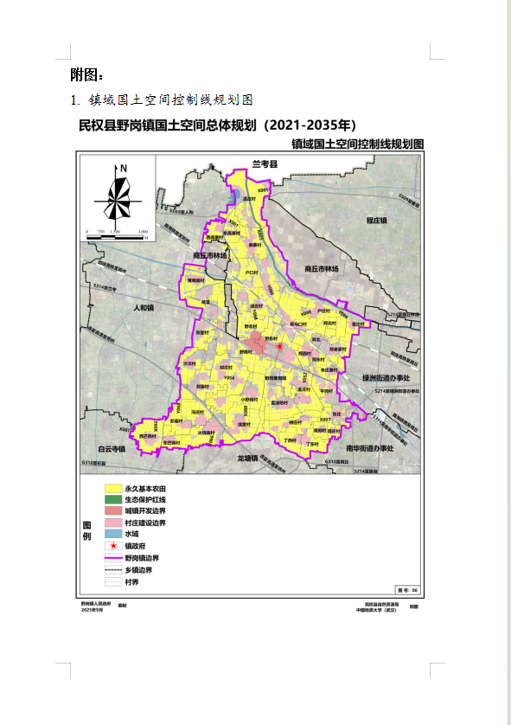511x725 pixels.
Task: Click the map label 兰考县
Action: click(264, 164)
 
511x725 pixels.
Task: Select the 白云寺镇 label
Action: click(112, 449)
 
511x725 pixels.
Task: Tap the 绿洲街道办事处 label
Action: click(391, 378)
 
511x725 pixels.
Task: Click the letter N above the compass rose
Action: click(124, 169)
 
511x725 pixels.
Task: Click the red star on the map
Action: click(279, 346)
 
